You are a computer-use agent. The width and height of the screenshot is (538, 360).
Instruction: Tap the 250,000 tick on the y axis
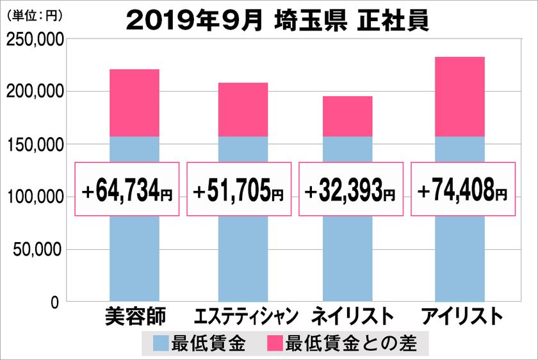[x=34, y=40]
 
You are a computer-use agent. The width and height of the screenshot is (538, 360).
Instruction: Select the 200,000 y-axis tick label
[x=34, y=92]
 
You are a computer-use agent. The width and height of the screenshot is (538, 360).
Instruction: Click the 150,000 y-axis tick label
[x=34, y=145]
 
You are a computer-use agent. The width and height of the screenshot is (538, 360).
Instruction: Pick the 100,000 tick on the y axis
[x=34, y=197]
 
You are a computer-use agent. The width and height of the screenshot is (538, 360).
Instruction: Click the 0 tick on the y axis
[x=55, y=302]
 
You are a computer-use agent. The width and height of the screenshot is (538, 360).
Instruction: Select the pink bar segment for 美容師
[x=134, y=102]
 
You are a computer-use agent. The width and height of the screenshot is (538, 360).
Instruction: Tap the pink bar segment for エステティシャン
[x=243, y=110]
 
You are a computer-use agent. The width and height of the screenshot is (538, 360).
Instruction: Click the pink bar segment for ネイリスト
[x=348, y=116]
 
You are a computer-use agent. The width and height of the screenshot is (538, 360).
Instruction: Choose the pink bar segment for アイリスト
[x=459, y=97]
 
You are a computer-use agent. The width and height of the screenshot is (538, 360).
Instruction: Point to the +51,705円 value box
[x=238, y=189]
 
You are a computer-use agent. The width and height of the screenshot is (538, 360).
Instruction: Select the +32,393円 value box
[x=350, y=189]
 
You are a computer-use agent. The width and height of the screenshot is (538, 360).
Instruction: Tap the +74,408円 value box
[x=462, y=189]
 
